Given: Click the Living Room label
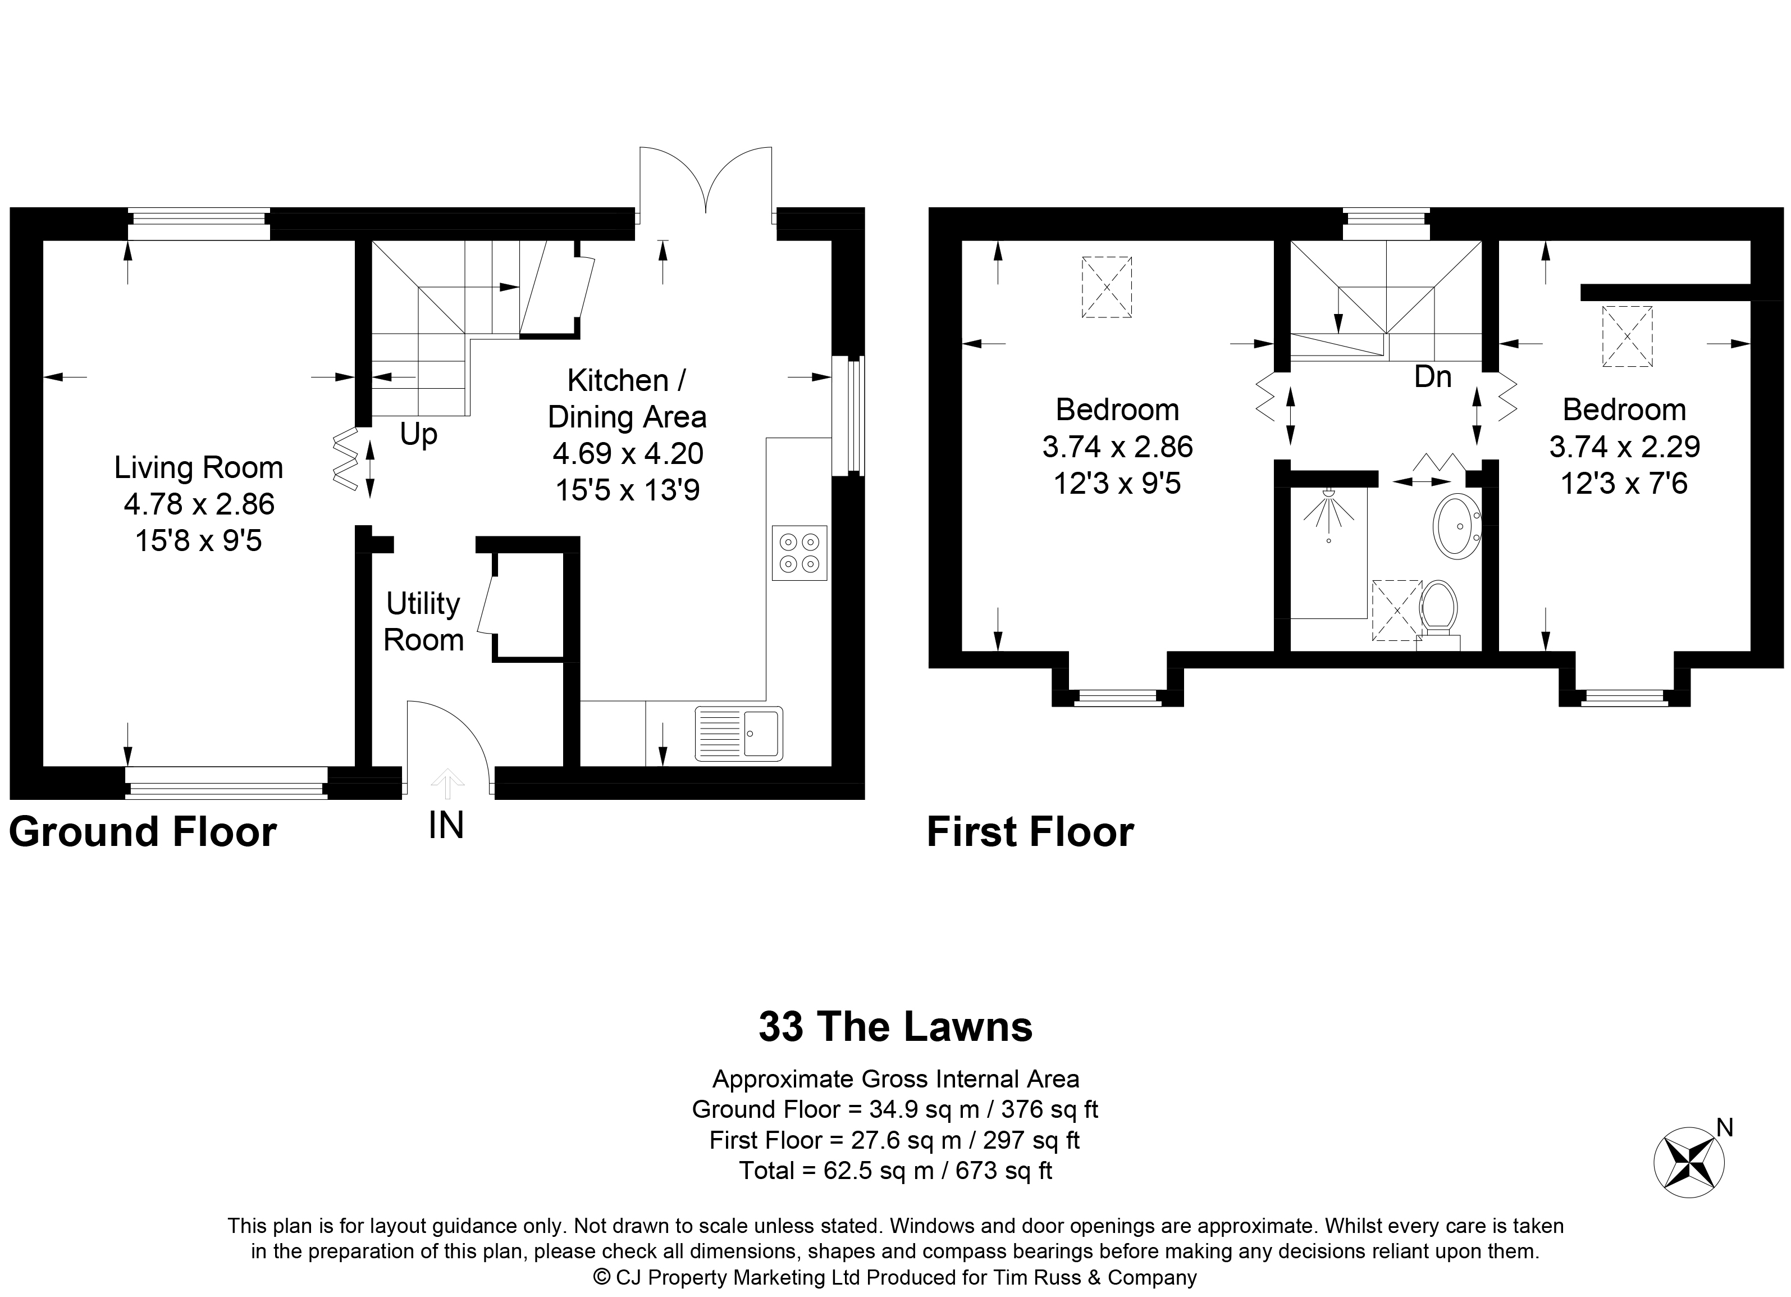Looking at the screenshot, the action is [198, 467].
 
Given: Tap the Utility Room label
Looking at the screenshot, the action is [423, 622].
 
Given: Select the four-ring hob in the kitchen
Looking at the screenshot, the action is [799, 553].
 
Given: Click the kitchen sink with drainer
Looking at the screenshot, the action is [739, 734].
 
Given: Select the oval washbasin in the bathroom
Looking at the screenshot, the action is [1457, 526].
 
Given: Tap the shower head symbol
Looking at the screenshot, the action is [1328, 513].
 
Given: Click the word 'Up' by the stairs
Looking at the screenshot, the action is [418, 434].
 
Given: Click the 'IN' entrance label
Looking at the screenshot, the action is [446, 825].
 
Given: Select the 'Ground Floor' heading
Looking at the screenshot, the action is [143, 832].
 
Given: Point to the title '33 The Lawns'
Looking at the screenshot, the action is [895, 1027].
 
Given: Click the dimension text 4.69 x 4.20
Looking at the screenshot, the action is [628, 453].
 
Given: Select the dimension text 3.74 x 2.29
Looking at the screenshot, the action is [1624, 447].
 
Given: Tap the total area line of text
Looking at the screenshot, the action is [895, 1171].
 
